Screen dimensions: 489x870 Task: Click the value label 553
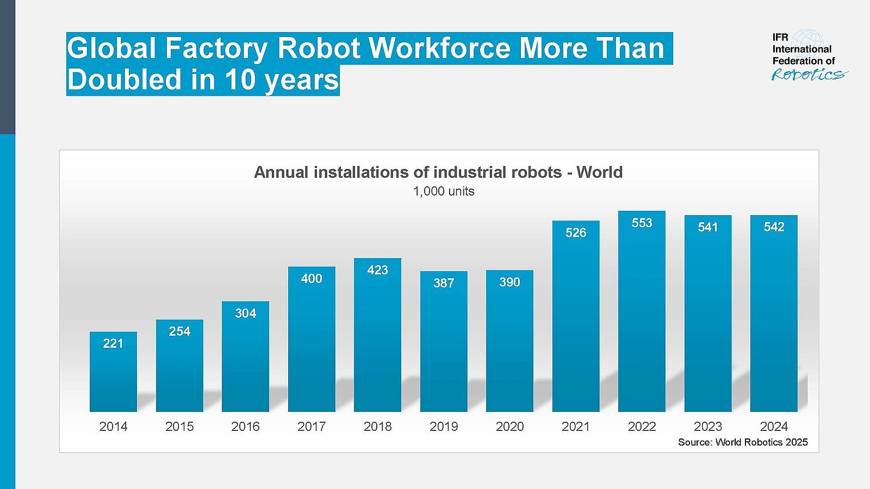tap(642, 223)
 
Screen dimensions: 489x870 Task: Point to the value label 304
tap(245, 313)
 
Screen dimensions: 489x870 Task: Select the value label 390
tap(509, 282)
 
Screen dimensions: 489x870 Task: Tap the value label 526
tap(576, 233)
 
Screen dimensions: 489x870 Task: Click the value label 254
tap(179, 331)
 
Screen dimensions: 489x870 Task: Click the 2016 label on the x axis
tap(245, 427)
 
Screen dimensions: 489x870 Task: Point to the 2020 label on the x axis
tap(509, 427)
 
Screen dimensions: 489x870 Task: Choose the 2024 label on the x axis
tap(774, 427)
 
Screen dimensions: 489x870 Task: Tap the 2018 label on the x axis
tap(377, 427)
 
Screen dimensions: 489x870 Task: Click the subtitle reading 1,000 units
tap(444, 191)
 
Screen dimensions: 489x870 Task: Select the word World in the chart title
tap(599, 172)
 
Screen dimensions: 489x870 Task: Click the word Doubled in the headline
tap(125, 80)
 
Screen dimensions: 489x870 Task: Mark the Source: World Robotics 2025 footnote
tap(743, 442)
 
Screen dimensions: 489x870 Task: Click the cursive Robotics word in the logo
tap(809, 74)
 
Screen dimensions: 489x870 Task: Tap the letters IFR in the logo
tap(780, 37)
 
